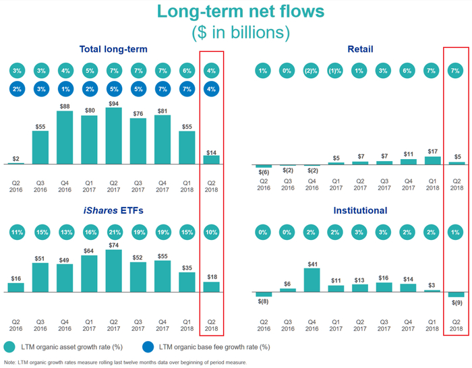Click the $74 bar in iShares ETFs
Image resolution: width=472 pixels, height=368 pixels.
click(x=114, y=271)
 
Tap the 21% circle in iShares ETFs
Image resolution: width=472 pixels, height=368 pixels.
click(x=114, y=234)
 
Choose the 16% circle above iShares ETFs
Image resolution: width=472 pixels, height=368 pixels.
click(x=90, y=234)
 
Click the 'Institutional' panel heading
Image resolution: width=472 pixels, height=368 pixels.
click(x=360, y=210)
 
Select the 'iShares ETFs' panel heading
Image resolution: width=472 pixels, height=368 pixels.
click(x=113, y=210)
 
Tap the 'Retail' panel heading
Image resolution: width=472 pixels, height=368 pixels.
click(x=360, y=49)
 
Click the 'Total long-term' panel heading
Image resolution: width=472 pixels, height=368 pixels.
click(x=113, y=49)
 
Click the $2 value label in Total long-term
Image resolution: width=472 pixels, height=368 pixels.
click(x=16, y=158)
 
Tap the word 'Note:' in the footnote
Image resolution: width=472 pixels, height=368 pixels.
click(x=10, y=363)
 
